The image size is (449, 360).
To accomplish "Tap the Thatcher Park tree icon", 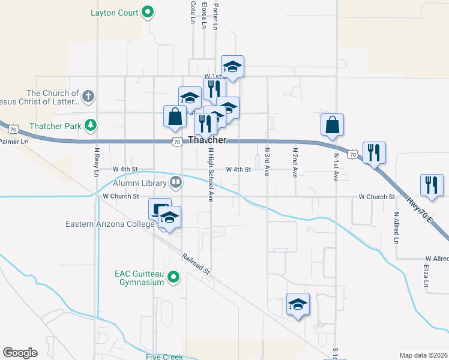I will click(x=90, y=125).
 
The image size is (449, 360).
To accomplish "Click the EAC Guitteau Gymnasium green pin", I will click(x=174, y=277).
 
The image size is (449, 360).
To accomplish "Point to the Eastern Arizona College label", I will click(x=110, y=224).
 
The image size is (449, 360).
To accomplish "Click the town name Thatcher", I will click(x=207, y=140).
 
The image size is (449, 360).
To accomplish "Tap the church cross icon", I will click(x=88, y=96).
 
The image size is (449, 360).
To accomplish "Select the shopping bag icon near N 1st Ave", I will click(x=332, y=126).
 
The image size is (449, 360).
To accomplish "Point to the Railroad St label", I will click(x=197, y=262).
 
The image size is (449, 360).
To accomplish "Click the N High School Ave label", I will click(x=211, y=175).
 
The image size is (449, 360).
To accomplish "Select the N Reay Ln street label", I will click(x=96, y=162).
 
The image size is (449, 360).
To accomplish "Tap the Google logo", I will click(x=20, y=353).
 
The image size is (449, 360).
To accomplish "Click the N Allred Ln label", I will click(x=396, y=227).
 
